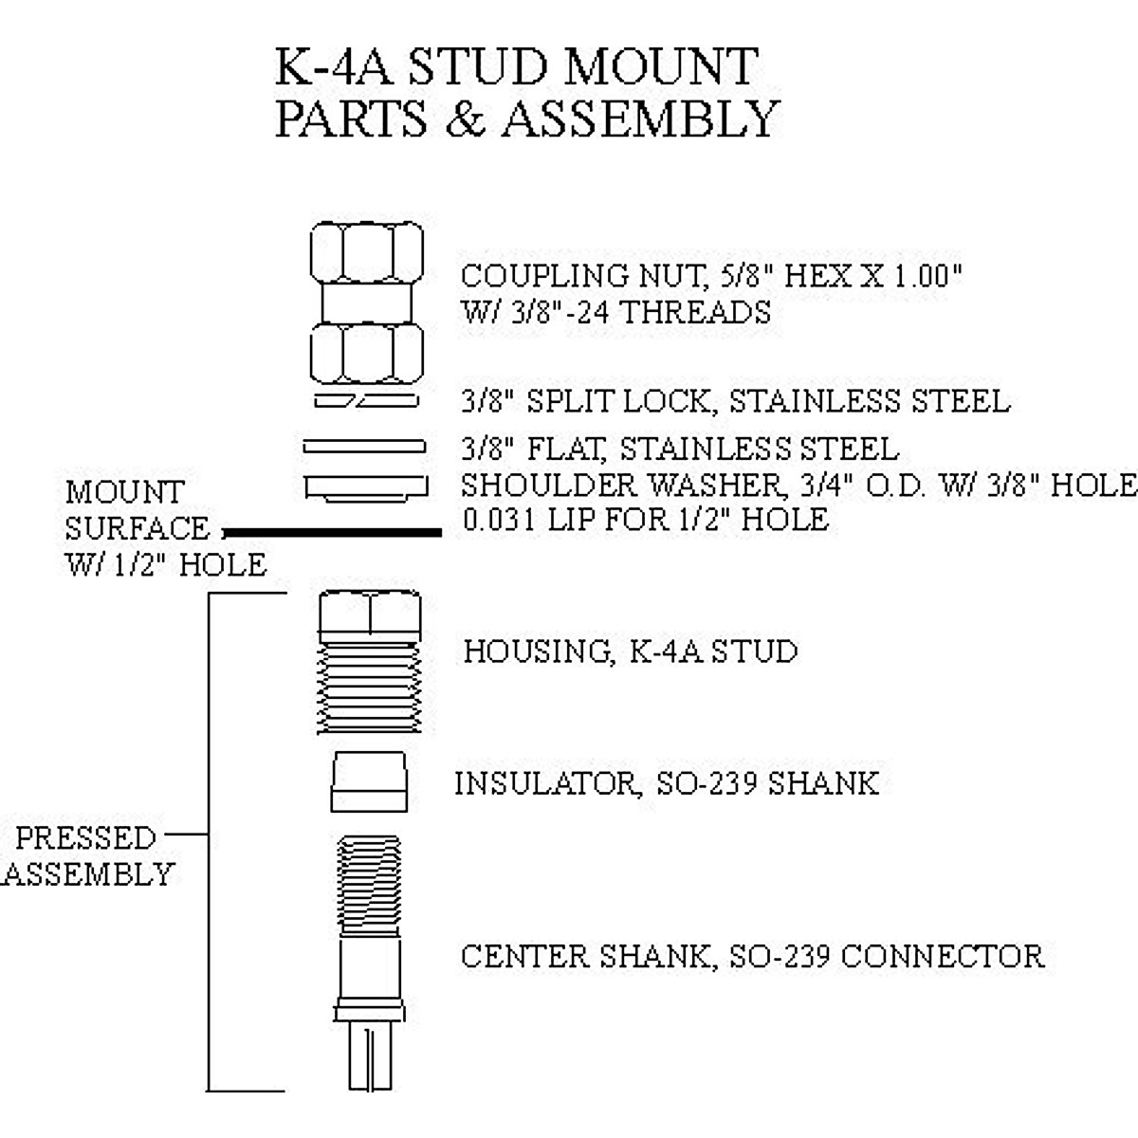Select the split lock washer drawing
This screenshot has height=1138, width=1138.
click(365, 401)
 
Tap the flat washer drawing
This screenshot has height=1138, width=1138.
click(364, 446)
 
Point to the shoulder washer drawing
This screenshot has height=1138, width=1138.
click(366, 487)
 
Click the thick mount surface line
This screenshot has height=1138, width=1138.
click(332, 533)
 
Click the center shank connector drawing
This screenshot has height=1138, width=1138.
click(369, 958)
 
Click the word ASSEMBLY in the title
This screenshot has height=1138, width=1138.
click(640, 119)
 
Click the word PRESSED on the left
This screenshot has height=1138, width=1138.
click(85, 838)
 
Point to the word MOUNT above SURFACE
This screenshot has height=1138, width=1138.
click(124, 493)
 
